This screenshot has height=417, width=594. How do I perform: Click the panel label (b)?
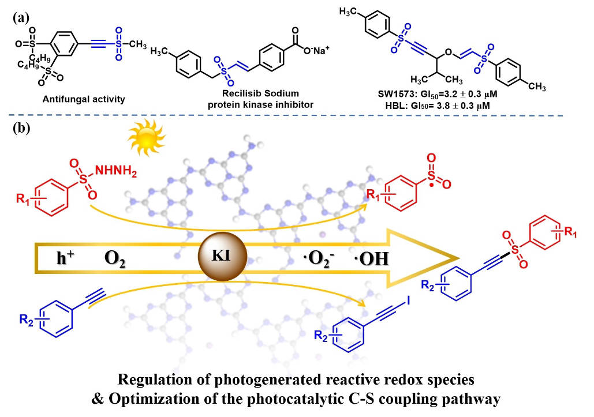point(21,128)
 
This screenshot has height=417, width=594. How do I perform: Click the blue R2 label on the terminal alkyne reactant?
point(25,315)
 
